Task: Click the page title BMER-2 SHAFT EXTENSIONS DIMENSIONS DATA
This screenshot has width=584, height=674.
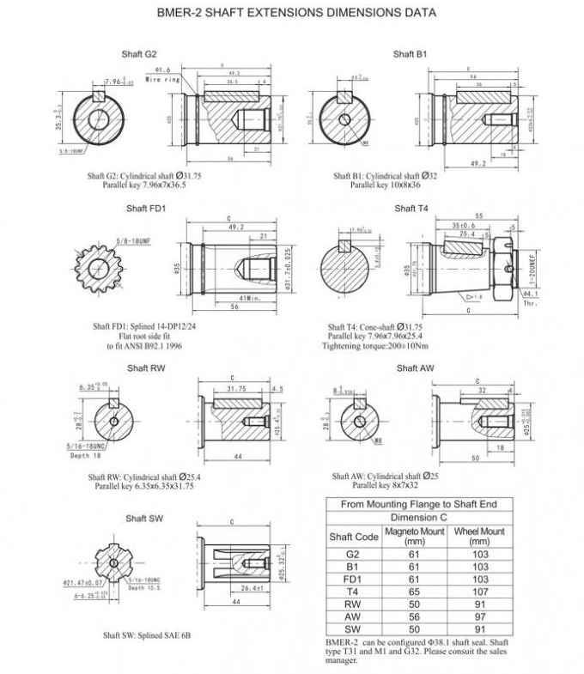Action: click(296, 13)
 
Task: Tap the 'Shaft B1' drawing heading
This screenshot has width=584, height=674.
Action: click(410, 54)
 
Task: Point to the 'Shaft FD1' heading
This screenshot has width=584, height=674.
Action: click(145, 209)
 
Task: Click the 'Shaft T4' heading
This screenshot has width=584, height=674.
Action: click(411, 209)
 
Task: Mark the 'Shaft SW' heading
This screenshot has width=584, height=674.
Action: click(143, 519)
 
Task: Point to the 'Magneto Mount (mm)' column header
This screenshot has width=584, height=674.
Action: click(414, 537)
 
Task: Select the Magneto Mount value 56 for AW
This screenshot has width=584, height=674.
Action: click(414, 616)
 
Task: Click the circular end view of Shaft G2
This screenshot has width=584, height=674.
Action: click(97, 118)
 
